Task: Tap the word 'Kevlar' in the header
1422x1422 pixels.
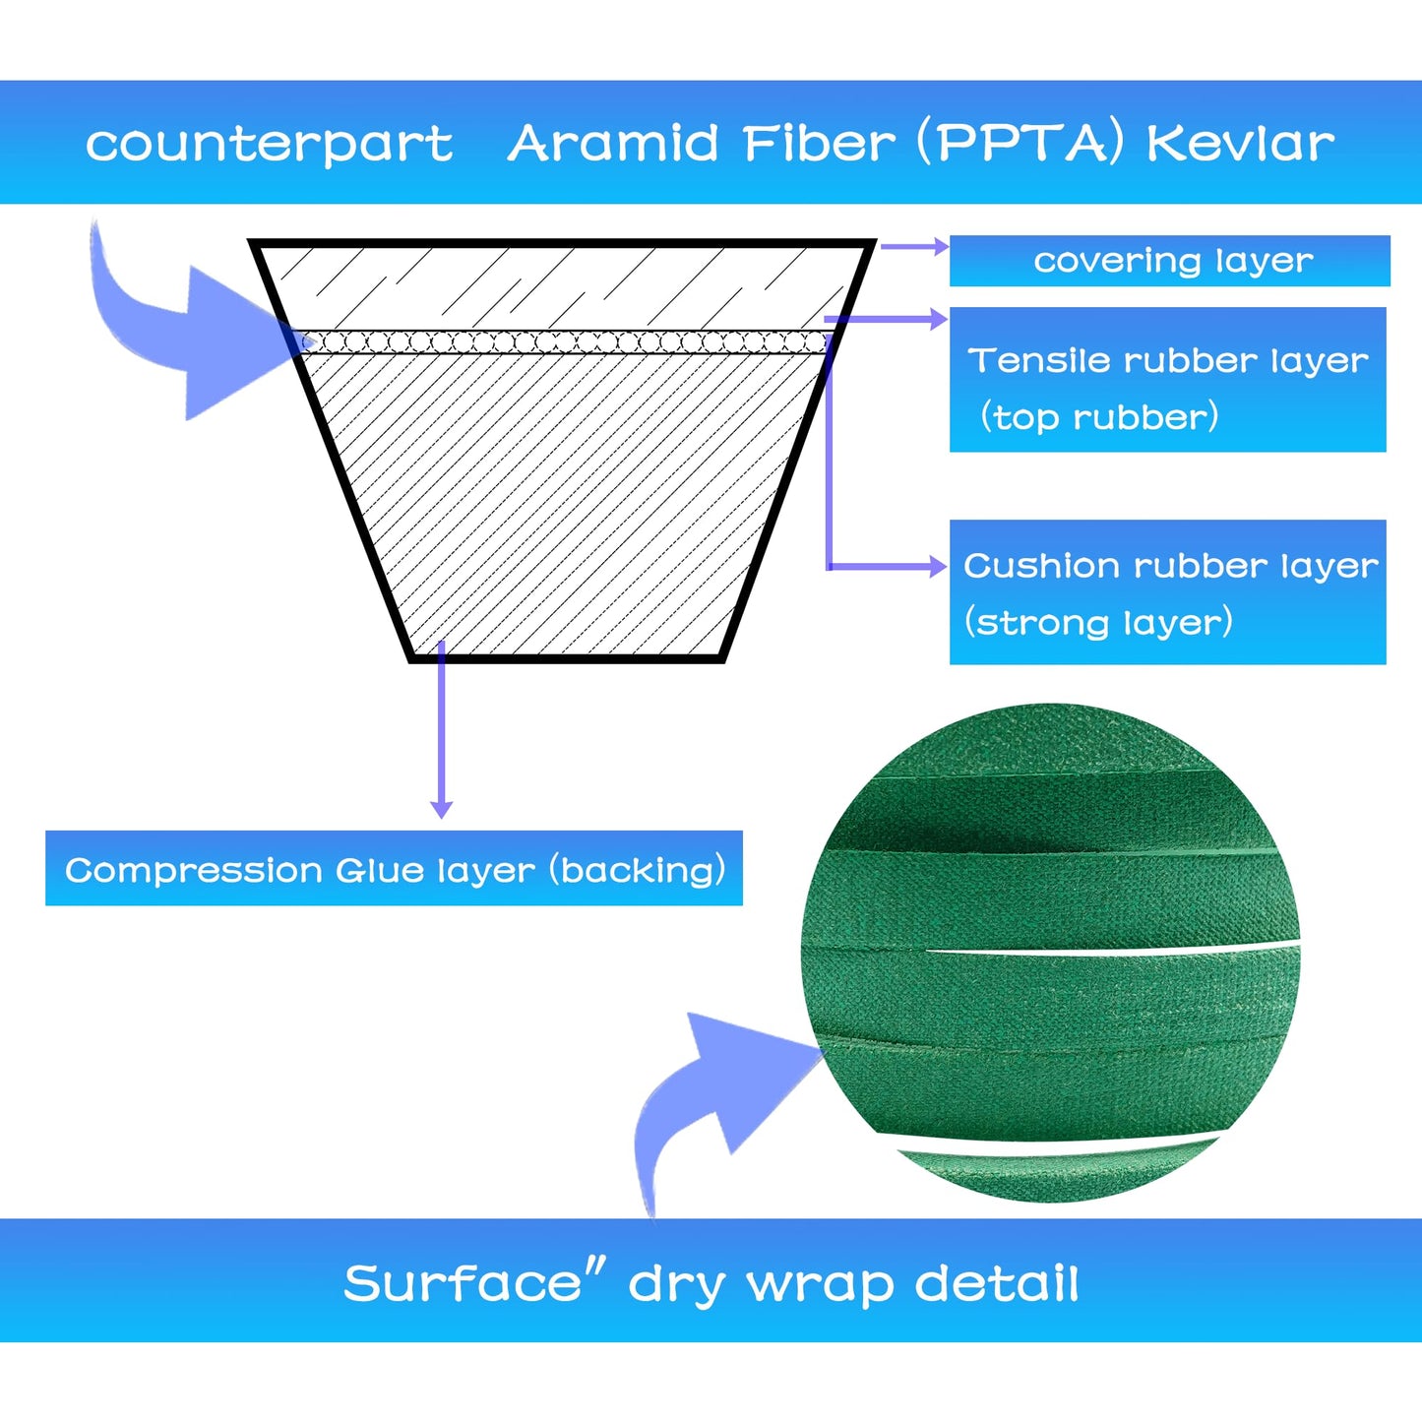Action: (x=1240, y=143)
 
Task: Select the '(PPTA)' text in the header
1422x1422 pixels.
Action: (x=1020, y=143)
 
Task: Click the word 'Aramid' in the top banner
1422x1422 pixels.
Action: (x=612, y=143)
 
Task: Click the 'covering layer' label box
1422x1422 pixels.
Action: (x=1170, y=261)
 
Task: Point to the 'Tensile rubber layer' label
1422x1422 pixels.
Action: (x=1168, y=361)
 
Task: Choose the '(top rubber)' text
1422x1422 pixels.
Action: (x=1099, y=417)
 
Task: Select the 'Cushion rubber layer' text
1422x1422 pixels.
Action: (x=1170, y=566)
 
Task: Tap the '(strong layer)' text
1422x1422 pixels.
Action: (x=1098, y=623)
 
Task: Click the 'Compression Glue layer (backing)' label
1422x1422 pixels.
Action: (x=394, y=870)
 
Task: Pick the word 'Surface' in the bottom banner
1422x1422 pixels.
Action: (x=463, y=1284)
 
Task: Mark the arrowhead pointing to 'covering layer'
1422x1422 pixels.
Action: (x=941, y=246)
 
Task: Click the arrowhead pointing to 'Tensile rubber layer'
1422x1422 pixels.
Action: (x=940, y=320)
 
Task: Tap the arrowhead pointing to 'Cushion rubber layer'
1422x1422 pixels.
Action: (x=940, y=567)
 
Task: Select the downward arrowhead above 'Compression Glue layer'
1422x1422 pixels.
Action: (x=441, y=809)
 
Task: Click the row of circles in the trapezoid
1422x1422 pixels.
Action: (x=565, y=342)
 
